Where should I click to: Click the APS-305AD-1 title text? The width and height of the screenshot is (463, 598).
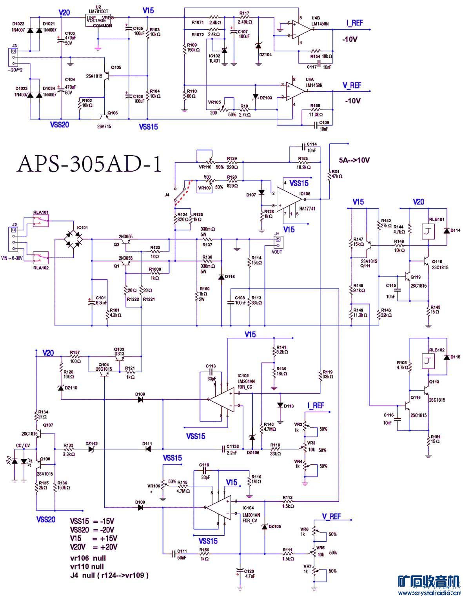(x=89, y=164)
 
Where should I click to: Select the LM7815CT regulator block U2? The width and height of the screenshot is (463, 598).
(x=99, y=21)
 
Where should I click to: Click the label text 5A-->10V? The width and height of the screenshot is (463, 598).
(x=354, y=160)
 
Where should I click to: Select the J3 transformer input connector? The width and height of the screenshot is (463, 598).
(x=14, y=57)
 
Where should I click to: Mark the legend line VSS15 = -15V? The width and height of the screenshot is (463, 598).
(x=92, y=522)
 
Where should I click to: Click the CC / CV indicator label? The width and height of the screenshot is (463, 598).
(x=23, y=446)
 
